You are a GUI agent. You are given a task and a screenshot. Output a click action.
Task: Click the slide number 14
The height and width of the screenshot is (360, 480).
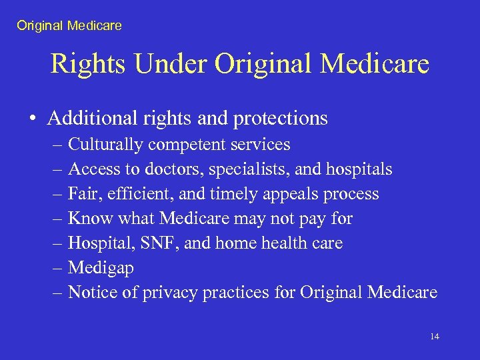(435, 337)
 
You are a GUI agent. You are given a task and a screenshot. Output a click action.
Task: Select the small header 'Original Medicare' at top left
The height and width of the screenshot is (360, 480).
(69, 26)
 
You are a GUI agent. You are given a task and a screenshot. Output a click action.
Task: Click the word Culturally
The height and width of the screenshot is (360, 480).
(106, 145)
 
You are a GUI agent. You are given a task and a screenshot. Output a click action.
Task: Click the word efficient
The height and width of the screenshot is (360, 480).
(137, 194)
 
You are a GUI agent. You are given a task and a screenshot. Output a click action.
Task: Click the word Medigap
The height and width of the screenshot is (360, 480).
(101, 269)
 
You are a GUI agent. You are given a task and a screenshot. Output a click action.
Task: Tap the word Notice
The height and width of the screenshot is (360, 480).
(91, 292)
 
